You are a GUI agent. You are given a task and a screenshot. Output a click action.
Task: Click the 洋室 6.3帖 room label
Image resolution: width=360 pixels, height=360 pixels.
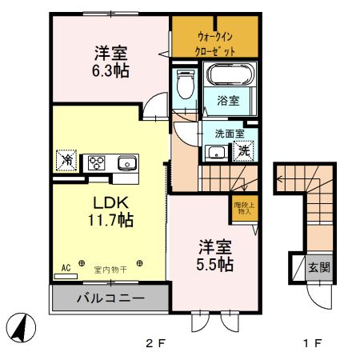click(110, 62)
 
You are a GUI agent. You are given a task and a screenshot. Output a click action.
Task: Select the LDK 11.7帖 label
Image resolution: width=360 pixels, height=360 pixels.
click(110, 209)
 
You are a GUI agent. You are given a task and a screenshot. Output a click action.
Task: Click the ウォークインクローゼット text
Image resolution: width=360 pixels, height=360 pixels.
click(215, 43)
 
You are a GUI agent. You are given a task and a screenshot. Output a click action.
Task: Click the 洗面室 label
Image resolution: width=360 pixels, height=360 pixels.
click(218, 135)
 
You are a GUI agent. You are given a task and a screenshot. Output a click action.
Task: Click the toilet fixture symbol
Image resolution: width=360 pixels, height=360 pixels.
click(186, 84)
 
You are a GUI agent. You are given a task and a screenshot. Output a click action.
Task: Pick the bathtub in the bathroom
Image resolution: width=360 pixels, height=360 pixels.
click(231, 77)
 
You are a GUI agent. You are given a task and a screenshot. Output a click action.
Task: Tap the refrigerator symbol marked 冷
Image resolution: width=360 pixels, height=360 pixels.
click(66, 161)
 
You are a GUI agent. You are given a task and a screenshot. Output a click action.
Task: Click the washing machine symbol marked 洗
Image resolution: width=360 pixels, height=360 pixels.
click(243, 150)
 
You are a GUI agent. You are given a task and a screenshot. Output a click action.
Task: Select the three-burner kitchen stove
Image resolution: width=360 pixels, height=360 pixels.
click(98, 162)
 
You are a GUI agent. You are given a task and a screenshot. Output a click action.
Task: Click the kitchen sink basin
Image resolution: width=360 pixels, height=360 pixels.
click(126, 163)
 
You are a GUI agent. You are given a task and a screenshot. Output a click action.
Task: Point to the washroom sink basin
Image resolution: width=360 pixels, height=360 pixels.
click(214, 152)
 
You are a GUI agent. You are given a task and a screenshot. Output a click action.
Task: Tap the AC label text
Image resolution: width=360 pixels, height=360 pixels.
click(65, 268)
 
